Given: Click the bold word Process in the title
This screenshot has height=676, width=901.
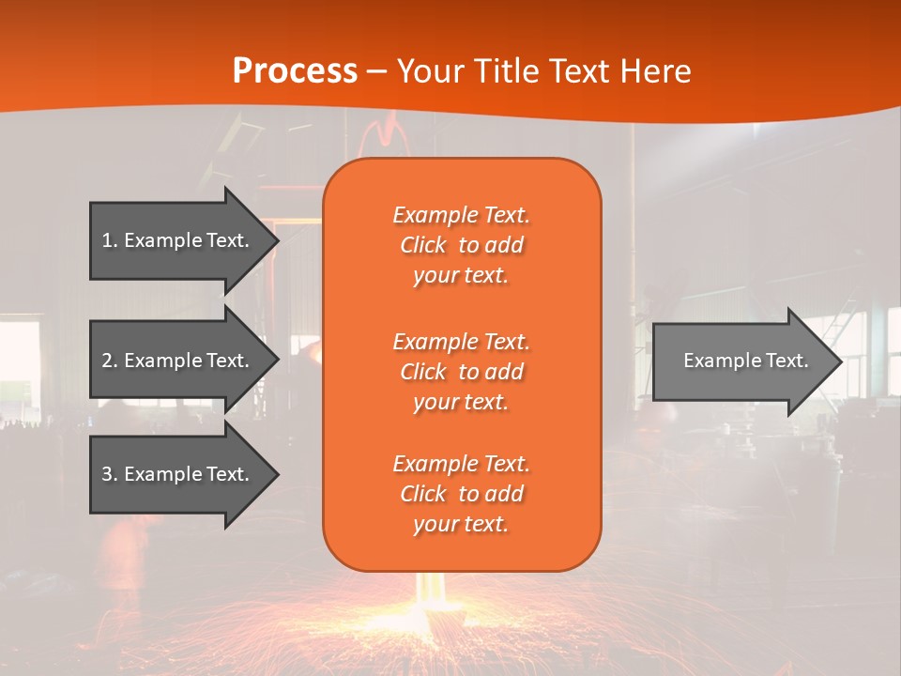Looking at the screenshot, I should tap(295, 71).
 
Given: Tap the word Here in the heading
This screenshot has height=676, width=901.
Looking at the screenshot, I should tap(656, 71).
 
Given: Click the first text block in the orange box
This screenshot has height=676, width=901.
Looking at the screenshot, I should tap(461, 245).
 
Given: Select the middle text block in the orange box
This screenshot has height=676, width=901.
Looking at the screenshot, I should tap(461, 371).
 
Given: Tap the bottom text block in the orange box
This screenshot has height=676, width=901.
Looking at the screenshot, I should tap(461, 494).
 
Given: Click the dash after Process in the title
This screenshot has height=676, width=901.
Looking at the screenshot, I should tap(377, 71).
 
